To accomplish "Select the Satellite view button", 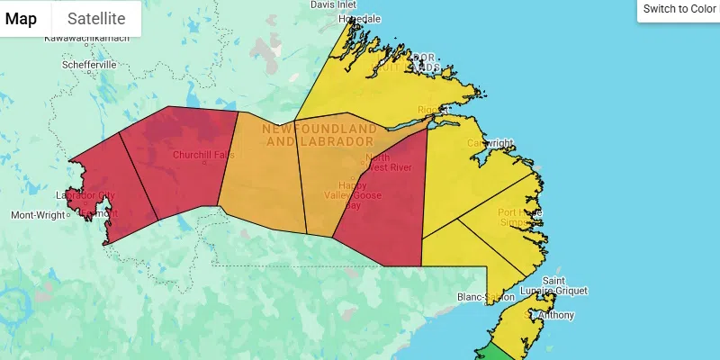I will [96, 19].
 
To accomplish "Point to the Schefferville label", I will [89, 65].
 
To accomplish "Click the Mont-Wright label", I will [38, 215].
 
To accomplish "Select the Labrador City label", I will [85, 195].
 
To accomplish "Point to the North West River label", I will [388, 162].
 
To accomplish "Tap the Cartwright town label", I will [490, 143].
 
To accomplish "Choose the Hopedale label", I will [359, 19].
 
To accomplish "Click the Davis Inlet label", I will [339, 4].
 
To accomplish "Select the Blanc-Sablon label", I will [484, 296].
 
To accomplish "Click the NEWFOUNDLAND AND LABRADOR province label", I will [319, 136].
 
